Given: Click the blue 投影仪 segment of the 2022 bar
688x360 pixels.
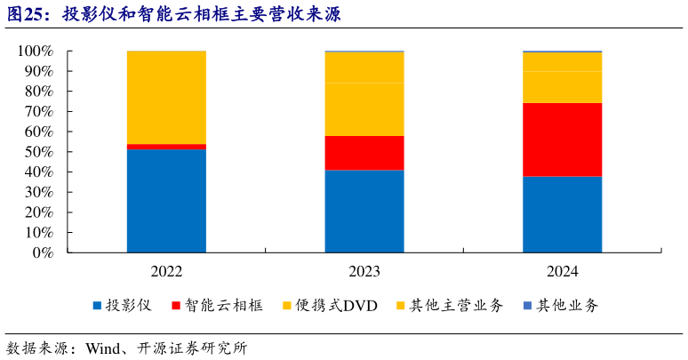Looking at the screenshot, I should [x=166, y=200].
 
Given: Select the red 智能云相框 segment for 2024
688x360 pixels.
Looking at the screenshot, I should [x=562, y=140].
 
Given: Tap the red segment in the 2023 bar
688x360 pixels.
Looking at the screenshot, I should [x=364, y=153].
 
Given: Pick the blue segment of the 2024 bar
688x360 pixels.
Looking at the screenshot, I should [x=562, y=214].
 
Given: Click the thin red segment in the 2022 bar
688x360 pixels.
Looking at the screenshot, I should [x=166, y=146].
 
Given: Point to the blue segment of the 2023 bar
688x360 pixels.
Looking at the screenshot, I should [x=364, y=211].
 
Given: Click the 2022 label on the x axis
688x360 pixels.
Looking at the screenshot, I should [x=166, y=271].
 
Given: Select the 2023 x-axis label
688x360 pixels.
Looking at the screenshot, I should [x=364, y=271].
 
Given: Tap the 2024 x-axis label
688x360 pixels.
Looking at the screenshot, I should [x=562, y=271].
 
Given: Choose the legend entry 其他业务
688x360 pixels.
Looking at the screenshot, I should [x=568, y=306].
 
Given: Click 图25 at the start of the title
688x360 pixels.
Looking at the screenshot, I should [x=25, y=15].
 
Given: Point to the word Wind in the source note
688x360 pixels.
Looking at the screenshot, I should [x=102, y=348].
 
